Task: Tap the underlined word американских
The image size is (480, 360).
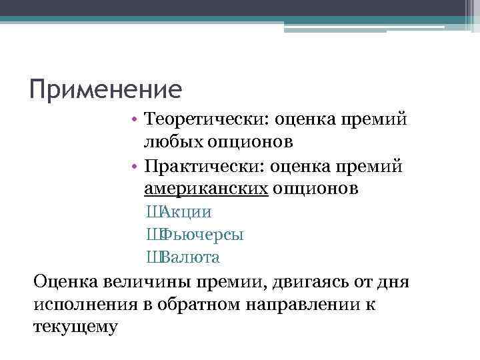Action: click(x=206, y=189)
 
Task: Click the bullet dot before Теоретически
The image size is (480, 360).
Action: click(x=135, y=119)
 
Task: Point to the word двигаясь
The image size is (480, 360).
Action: click(x=311, y=281)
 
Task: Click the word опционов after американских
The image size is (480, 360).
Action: click(x=317, y=189)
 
